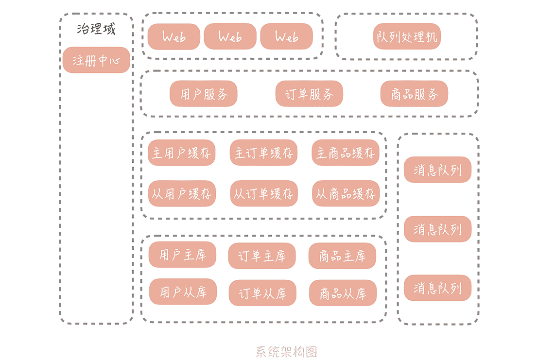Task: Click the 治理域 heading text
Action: click(x=96, y=29)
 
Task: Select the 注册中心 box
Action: click(x=96, y=60)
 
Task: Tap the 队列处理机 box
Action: click(x=407, y=36)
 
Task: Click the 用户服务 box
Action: click(x=203, y=94)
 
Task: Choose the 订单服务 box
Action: click(x=309, y=94)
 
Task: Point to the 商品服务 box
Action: click(x=414, y=94)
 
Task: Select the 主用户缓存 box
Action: click(x=181, y=153)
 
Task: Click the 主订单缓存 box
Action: click(x=263, y=153)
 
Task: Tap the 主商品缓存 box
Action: click(x=346, y=153)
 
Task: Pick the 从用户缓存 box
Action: click(x=181, y=194)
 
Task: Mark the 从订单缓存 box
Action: click(x=263, y=194)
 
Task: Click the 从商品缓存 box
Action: click(x=346, y=194)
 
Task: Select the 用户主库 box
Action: click(x=182, y=255)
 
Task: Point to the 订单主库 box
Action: click(x=262, y=256)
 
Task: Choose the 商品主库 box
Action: click(x=342, y=256)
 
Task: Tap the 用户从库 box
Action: click(x=183, y=291)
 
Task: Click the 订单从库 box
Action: click(x=262, y=293)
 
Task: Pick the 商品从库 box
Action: click(x=343, y=293)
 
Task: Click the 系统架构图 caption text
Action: click(x=286, y=351)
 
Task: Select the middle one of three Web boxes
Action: click(x=230, y=36)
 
